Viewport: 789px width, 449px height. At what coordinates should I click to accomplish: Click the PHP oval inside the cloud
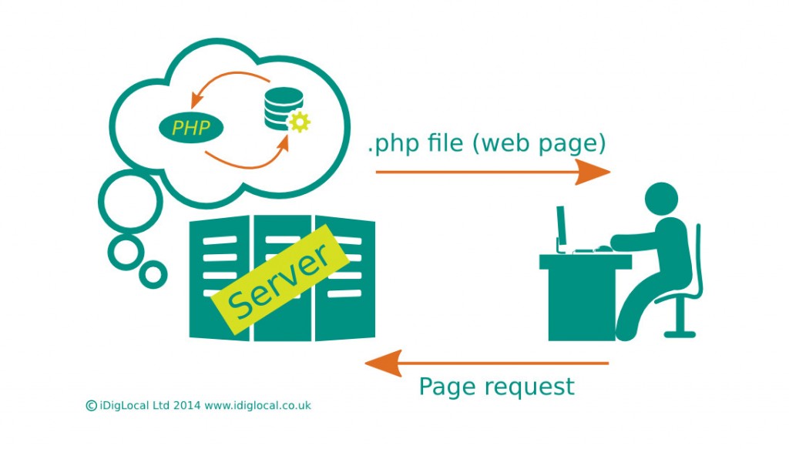190,127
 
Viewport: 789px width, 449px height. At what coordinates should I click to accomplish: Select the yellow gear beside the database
298,121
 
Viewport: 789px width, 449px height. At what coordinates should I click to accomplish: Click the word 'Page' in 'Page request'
446,386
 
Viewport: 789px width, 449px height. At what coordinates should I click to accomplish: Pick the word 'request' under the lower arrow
528,387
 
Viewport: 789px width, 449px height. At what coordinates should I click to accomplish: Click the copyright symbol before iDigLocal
91,405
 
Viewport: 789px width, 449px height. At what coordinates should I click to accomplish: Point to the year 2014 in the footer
187,405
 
